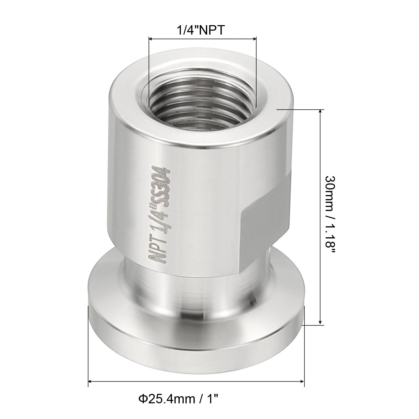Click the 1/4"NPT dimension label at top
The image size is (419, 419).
(201, 30)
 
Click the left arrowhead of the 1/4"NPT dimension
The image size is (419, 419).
(151, 39)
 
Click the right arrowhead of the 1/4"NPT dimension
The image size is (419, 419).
(255, 39)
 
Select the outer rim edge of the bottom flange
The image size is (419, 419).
(196, 348)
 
